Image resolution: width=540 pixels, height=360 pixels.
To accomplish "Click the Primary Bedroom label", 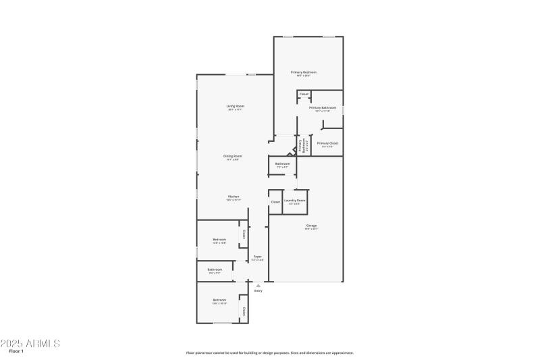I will click(304, 72).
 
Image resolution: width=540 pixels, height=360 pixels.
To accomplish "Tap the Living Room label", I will click(235, 106).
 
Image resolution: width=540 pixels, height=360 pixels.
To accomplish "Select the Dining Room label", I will click(234, 156).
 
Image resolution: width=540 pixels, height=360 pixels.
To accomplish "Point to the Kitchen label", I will click(233, 197).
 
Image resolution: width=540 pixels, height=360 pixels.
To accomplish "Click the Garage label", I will click(311, 226).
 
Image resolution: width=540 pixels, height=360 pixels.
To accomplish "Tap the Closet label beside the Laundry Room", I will click(275, 202).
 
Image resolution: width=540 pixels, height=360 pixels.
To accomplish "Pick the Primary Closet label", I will click(327, 143).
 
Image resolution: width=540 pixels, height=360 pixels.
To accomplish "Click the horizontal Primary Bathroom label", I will click(323, 107).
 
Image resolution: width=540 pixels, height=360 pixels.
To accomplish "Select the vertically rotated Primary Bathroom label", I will click(302, 145).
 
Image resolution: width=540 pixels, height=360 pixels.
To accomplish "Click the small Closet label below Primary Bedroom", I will click(304, 94).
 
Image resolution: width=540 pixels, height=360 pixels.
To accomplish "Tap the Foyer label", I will click(257, 257).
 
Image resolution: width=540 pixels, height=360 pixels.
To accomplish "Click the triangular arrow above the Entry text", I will click(258, 286).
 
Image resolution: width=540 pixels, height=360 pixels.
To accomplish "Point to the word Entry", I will click(258, 291).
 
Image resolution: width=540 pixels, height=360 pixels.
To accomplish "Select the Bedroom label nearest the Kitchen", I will click(219, 240).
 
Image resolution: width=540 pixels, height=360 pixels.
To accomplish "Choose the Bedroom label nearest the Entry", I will click(219, 300).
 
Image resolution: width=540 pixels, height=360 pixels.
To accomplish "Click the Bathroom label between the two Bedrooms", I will click(215, 269).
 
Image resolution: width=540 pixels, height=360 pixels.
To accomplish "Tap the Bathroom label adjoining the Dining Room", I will click(282, 163).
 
